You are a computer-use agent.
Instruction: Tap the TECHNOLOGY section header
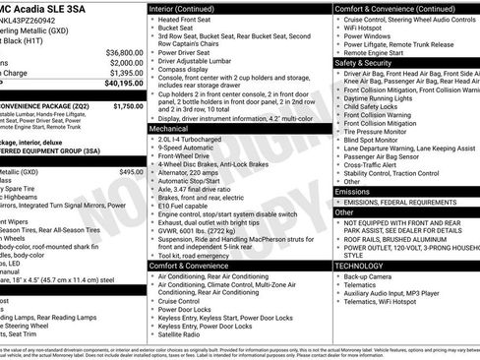[361, 266]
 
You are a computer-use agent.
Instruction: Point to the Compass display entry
[187, 70]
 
